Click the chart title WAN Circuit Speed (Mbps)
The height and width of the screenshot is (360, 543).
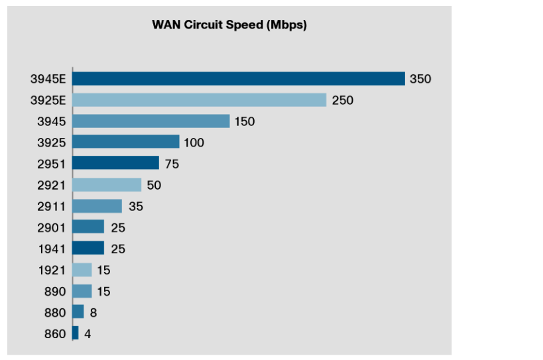coord(229,26)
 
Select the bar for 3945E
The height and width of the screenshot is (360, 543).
coord(238,79)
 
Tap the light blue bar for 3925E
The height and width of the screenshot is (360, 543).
coord(199,100)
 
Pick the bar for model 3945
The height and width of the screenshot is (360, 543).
coord(151,121)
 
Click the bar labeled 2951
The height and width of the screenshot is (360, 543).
coord(115,163)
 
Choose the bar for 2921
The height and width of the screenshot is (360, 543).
coord(107,185)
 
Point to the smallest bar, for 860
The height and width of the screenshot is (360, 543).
coord(75,333)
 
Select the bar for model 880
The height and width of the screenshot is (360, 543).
coord(78,312)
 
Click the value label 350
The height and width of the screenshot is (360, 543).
coord(420,79)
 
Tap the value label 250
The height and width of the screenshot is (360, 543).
coord(343,100)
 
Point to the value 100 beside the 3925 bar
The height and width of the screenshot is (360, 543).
coord(194,143)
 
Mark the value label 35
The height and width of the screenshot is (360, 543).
coord(135,206)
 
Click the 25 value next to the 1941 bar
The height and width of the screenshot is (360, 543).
coord(118,249)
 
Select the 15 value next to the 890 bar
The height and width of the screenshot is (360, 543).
coord(103,291)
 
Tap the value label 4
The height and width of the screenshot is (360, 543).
coord(87,333)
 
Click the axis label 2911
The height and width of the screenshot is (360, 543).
coord(52,206)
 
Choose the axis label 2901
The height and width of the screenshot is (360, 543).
coord(52,227)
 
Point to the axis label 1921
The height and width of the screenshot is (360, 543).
coord(52,270)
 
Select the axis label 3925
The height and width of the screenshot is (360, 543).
coord(52,143)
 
